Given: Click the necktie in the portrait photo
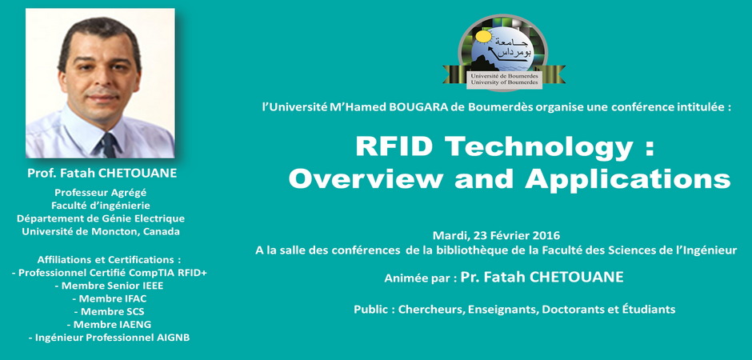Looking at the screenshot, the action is [x=110, y=145].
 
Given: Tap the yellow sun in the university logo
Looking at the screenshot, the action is [x=483, y=37].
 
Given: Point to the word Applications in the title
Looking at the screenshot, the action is [x=627, y=180].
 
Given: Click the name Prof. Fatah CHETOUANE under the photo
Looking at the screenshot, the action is [x=102, y=173].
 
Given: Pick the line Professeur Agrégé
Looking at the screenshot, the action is [x=100, y=193].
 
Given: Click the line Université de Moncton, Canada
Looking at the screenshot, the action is [x=101, y=231].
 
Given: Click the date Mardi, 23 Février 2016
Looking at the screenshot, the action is [x=496, y=236].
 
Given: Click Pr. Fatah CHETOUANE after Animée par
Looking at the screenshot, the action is [x=542, y=278].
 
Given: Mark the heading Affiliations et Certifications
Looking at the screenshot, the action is [x=110, y=260].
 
